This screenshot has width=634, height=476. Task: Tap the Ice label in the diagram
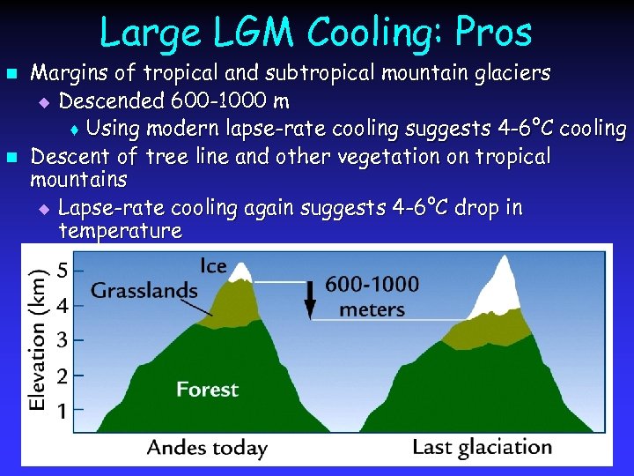click(x=214, y=264)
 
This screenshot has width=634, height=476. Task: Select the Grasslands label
click(x=144, y=290)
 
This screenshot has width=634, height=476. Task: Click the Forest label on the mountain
click(x=207, y=389)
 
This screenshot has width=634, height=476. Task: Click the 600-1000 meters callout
click(x=372, y=296)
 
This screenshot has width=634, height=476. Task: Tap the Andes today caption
click(x=207, y=446)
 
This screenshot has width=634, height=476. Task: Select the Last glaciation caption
click(x=482, y=446)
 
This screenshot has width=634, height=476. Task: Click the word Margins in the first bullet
click(x=71, y=71)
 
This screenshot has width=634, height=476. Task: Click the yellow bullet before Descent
click(x=11, y=158)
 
